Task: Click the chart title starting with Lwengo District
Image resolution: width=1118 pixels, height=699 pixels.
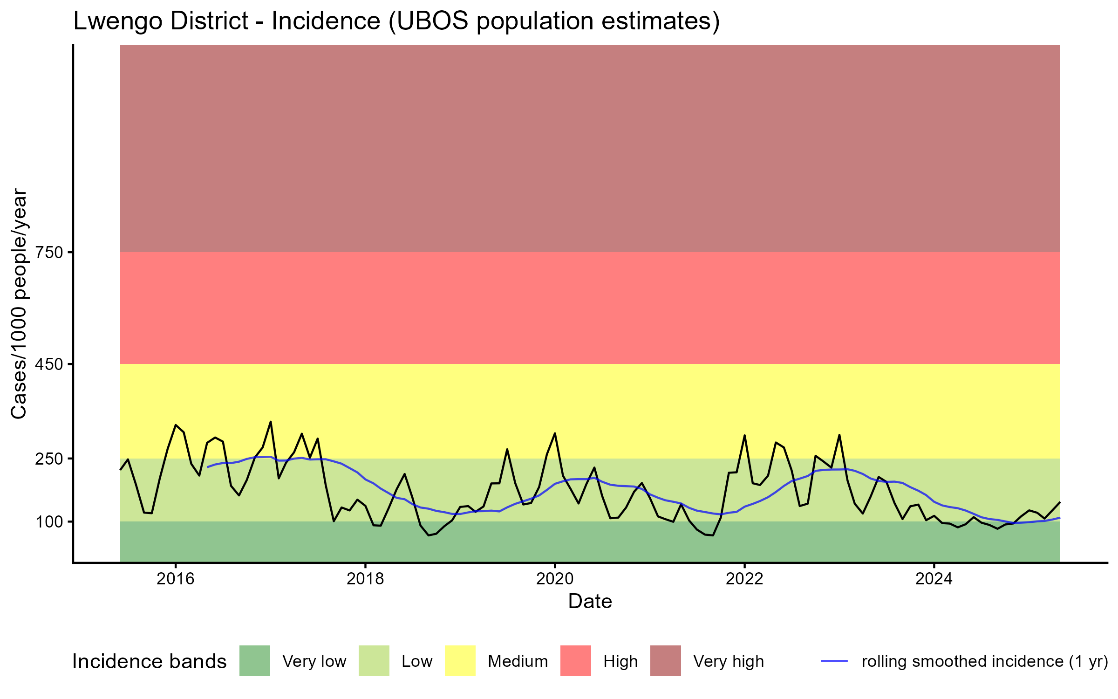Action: [396, 21]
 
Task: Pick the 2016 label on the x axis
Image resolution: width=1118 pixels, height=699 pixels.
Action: [175, 579]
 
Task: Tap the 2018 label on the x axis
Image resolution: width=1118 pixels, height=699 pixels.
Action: [365, 579]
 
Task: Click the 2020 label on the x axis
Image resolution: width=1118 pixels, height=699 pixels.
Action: [555, 579]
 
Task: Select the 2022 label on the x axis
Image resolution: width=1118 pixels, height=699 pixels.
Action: [744, 579]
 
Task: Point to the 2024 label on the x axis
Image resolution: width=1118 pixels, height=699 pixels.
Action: [934, 579]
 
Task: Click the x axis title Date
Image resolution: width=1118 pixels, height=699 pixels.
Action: [590, 602]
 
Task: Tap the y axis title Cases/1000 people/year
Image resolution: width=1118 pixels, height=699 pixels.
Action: [20, 303]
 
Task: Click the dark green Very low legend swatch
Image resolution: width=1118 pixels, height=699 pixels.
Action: [255, 661]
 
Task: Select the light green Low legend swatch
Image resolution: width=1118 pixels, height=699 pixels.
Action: [374, 661]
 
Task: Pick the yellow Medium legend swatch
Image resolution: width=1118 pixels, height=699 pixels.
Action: [460, 661]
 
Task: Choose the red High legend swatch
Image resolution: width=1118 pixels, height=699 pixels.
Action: [576, 661]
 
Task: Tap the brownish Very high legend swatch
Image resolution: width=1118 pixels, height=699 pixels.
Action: [666, 661]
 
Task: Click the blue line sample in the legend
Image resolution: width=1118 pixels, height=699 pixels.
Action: [834, 661]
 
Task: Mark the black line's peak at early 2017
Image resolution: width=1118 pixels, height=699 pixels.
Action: [271, 422]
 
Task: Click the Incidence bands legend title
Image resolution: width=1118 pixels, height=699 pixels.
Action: [150, 662]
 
